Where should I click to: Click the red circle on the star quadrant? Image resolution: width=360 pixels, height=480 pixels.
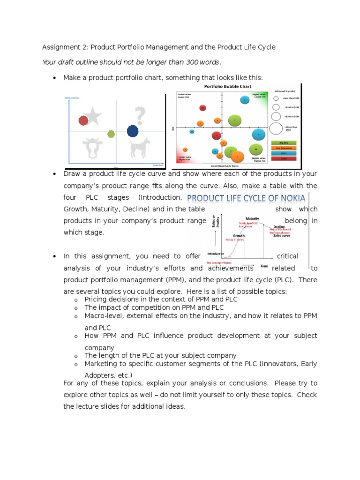coord(83,120)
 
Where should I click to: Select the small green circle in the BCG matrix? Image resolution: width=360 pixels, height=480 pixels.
coord(111,134)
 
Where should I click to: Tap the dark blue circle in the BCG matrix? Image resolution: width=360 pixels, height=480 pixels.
coord(133,132)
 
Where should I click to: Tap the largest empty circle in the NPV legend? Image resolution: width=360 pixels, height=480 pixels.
coord(276,128)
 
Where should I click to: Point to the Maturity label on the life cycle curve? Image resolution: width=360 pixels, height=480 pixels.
coord(253,218)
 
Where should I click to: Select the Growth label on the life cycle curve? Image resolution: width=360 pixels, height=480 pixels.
coord(240,236)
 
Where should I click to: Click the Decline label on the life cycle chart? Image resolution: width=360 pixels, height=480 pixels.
coord(279,226)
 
